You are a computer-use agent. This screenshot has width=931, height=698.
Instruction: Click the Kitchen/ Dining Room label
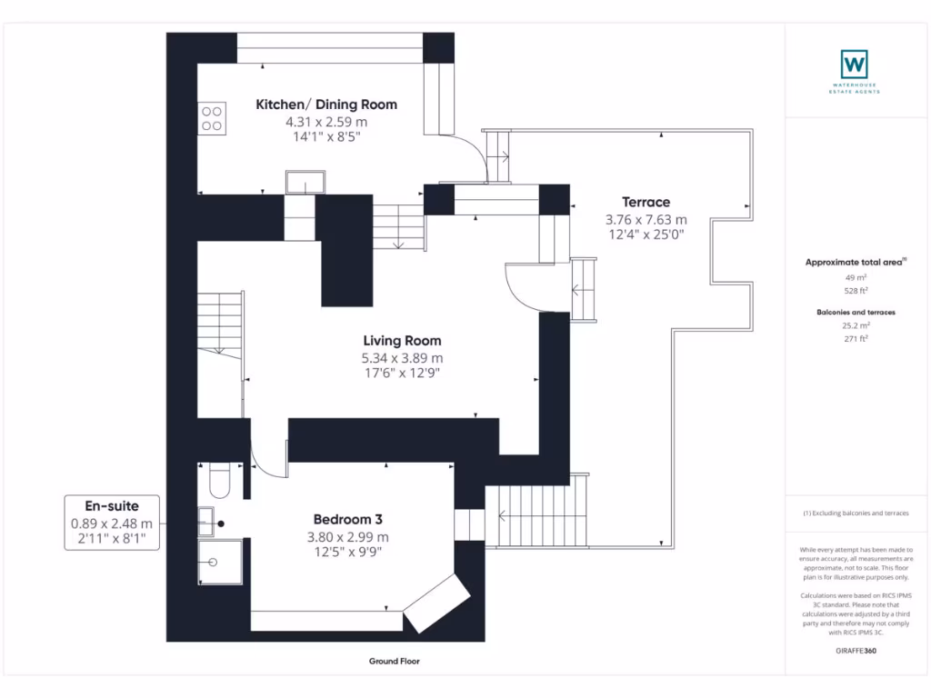pos(326,105)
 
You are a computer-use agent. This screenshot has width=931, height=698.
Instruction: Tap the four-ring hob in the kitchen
pos(212,118)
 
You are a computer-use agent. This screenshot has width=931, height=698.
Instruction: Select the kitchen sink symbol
pos(305,182)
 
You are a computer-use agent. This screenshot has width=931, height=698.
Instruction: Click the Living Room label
pos(402,341)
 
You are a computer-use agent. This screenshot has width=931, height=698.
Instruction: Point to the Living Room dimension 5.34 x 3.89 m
pos(402,358)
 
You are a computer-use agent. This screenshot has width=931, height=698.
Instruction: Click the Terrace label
pos(646,202)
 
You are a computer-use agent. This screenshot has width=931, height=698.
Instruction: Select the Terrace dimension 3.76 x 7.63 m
pos(646,220)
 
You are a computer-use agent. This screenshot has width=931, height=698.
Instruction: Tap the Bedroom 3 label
pos(348,519)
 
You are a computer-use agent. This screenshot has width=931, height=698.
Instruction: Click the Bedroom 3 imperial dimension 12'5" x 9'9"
pos(348,552)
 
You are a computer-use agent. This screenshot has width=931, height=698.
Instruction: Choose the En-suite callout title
pos(112,505)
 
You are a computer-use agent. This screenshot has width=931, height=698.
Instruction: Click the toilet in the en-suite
pos(220,481)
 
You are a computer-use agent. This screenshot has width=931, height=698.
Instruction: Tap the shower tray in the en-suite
pos(220,562)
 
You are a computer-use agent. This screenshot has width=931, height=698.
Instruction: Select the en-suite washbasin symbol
pos(206,522)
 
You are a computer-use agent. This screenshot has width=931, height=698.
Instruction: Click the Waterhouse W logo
pos(855,65)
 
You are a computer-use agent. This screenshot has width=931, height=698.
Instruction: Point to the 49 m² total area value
pos(856,277)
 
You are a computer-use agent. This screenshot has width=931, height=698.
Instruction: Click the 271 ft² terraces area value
pos(856,339)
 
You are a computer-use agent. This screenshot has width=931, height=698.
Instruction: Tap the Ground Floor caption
pos(395,662)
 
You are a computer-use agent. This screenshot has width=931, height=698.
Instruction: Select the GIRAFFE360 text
pos(856,651)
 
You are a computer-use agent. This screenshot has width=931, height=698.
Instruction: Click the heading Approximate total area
pos(854,263)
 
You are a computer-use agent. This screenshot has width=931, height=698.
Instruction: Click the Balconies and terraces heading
pos(856,313)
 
